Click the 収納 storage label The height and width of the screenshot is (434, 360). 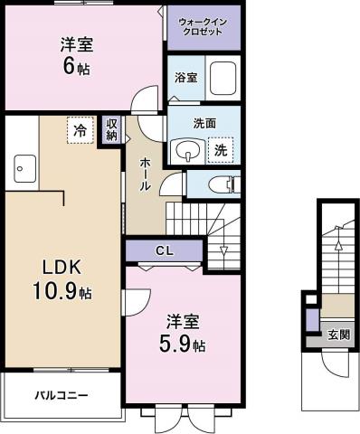pyautogui.click(x=111, y=129)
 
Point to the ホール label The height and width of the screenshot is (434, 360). pyautogui.click(x=145, y=173)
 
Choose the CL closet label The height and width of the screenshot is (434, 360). pyautogui.click(x=164, y=250)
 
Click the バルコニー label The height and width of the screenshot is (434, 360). pyautogui.click(x=61, y=395)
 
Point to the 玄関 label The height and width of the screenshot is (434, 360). pyautogui.click(x=336, y=335)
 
